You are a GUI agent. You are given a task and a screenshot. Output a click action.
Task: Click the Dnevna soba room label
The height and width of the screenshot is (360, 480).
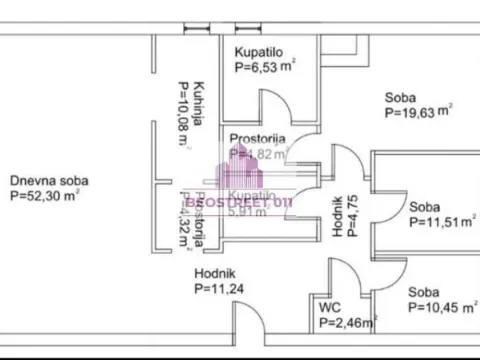tap(49, 181)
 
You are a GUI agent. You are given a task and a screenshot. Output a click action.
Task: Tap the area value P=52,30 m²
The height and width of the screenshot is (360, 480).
tap(45, 197)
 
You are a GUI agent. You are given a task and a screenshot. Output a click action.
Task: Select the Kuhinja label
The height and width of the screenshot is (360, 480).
tap(200, 104)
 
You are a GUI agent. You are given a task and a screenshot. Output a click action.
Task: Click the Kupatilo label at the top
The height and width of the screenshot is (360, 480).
tap(259, 51)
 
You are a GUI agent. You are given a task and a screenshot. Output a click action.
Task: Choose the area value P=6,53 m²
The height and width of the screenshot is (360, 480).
tap(265, 67)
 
